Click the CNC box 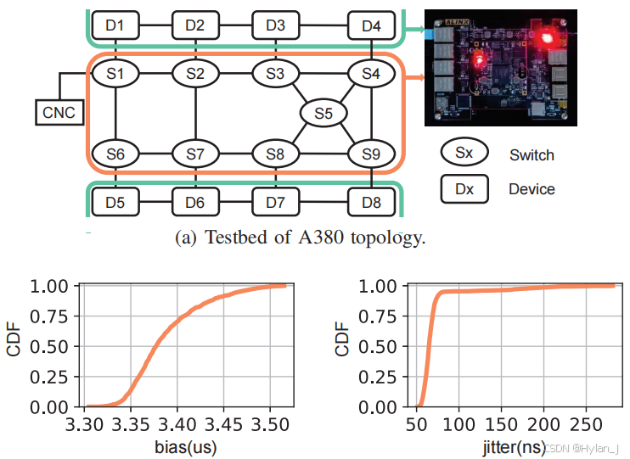pyautogui.click(x=59, y=111)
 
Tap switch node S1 pyautogui.click(x=115, y=74)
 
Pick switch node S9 pyautogui.click(x=371, y=154)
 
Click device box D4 pyautogui.click(x=371, y=25)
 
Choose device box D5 pyautogui.click(x=115, y=203)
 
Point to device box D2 pyautogui.click(x=195, y=25)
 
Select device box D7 pyautogui.click(x=275, y=203)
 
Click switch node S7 pyautogui.click(x=195, y=154)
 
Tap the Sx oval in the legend pyautogui.click(x=464, y=154)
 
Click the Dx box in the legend pyautogui.click(x=464, y=188)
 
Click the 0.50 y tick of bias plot pyautogui.click(x=57, y=346)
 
